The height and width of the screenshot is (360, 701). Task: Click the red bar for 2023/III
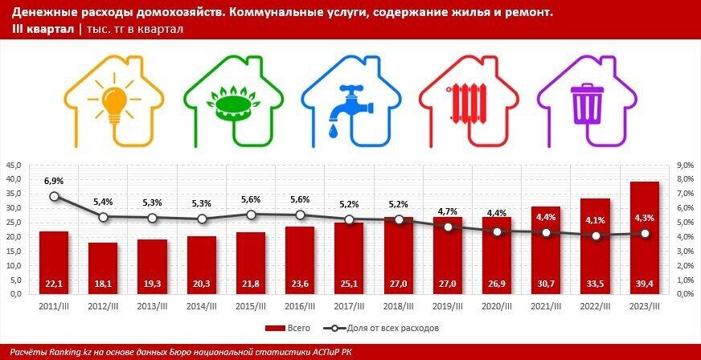pos(646,238)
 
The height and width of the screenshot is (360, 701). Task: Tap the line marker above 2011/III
pos(54,196)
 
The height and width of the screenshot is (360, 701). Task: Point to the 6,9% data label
pos(54,182)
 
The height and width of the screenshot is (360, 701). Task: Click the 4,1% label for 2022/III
pos(596,221)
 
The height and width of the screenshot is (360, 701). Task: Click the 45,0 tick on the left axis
pos(15,165)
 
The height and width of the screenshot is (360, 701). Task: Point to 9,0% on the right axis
pos(684,165)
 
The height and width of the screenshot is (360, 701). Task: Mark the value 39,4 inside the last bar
pos(646,283)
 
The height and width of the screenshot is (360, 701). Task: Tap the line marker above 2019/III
pos(448,227)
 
